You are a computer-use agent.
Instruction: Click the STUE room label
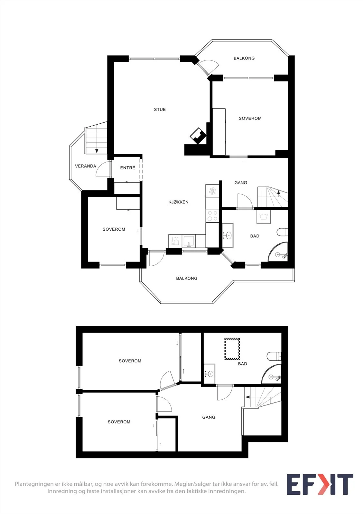click(160, 110)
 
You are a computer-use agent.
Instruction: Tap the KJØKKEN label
click(178, 202)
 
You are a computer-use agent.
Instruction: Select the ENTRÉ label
click(128, 168)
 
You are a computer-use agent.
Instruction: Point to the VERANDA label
click(86, 166)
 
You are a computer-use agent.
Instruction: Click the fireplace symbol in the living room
click(198, 136)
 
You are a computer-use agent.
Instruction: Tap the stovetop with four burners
click(212, 216)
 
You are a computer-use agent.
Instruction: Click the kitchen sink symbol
click(189, 241)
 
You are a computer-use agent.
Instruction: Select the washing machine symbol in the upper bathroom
click(264, 217)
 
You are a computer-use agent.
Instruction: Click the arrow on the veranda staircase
click(97, 151)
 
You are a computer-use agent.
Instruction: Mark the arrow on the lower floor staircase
click(247, 397)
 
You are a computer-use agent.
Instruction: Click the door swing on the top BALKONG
click(210, 66)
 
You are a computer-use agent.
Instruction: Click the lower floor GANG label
click(209, 417)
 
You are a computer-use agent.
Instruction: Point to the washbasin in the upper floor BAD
click(228, 235)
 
